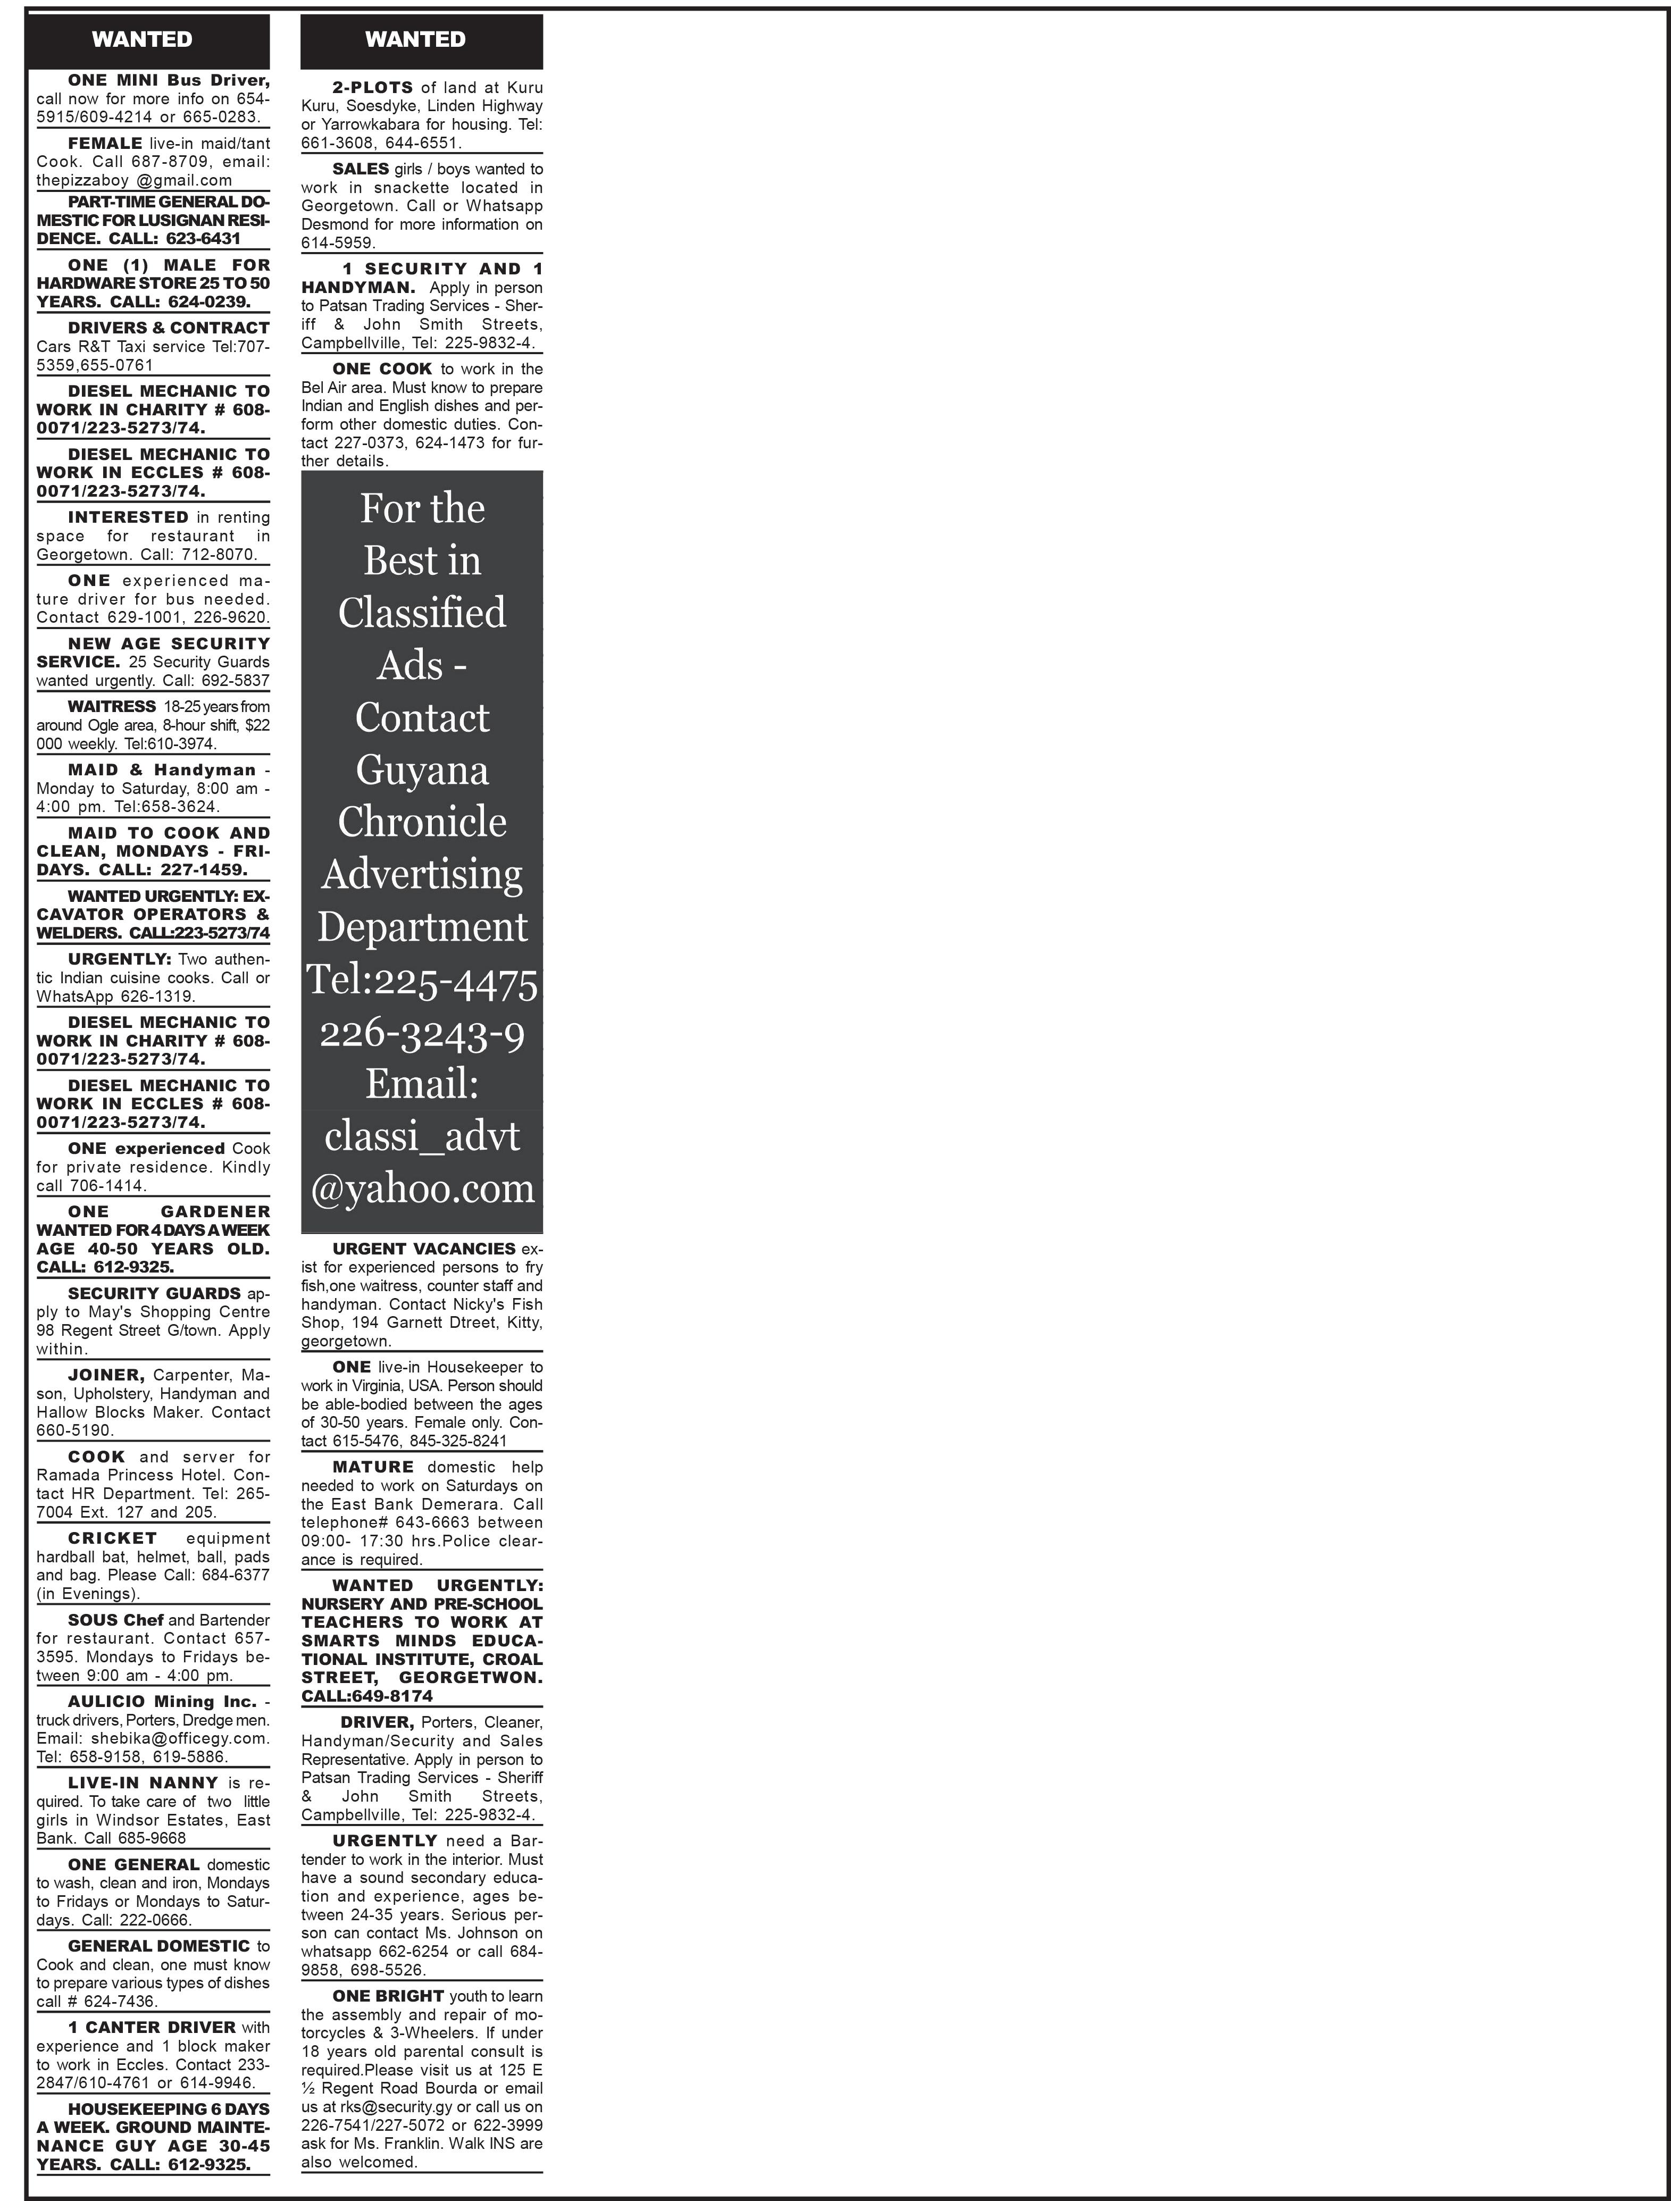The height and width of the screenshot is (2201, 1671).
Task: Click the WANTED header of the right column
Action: [415, 40]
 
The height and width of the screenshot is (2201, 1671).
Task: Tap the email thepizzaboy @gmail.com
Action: [135, 180]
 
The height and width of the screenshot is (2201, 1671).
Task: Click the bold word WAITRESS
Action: [112, 707]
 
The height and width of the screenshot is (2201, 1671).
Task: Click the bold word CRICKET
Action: [112, 1537]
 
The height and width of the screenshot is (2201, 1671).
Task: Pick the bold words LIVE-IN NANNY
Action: [143, 1783]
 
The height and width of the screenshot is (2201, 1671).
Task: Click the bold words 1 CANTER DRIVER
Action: [151, 2027]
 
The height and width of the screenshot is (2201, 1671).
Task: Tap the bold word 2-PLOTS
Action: [372, 88]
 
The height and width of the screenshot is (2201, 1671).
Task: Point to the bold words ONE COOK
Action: [382, 368]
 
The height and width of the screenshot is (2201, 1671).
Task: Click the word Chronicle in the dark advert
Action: [422, 822]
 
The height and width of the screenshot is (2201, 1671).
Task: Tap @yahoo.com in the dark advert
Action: [422, 1188]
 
